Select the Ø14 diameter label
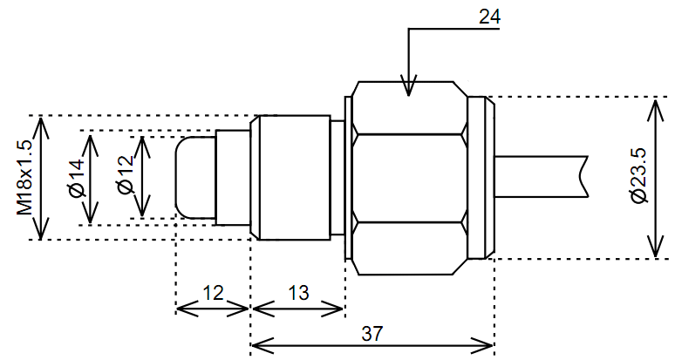click(76, 178)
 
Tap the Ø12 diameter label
click(125, 177)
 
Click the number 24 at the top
click(491, 16)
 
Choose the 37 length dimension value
click(372, 333)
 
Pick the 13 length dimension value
click(298, 293)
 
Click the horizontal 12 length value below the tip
click(213, 293)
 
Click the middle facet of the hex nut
click(408, 178)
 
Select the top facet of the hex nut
click(408, 108)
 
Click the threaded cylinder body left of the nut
click(290, 178)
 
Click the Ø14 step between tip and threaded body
click(233, 178)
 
